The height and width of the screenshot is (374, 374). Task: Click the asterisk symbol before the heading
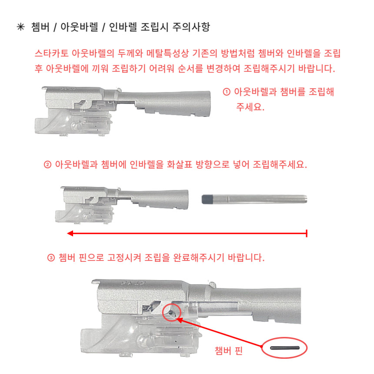click(21, 27)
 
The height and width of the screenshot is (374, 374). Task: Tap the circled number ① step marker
click(227, 92)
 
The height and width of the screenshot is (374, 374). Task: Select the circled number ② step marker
click(47, 164)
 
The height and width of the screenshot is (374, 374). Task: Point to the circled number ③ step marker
click(51, 258)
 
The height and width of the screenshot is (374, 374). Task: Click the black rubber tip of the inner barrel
click(207, 199)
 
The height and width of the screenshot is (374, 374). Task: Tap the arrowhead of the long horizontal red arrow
click(70, 233)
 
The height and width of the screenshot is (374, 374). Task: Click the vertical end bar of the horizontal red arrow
click(307, 233)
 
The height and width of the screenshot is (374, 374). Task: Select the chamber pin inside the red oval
click(284, 348)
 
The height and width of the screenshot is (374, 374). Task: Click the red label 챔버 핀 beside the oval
click(228, 351)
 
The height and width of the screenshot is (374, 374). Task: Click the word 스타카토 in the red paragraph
click(51, 53)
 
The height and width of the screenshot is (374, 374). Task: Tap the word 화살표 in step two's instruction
click(179, 164)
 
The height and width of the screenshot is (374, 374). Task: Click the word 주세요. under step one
click(250, 107)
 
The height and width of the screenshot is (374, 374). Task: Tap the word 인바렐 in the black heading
click(123, 27)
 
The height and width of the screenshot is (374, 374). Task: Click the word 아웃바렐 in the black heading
click(79, 27)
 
